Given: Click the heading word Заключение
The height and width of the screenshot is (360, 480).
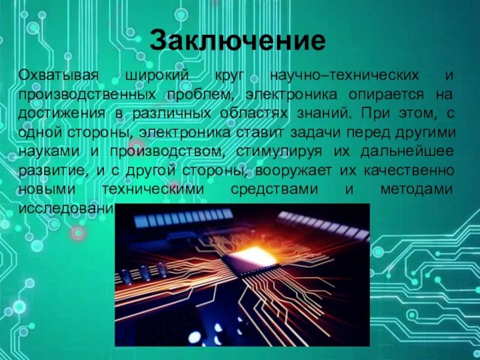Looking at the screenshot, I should click(x=238, y=41).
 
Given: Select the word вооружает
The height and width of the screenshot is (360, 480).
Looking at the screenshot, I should click(x=287, y=170).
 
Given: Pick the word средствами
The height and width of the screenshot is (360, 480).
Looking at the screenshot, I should click(x=266, y=189).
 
